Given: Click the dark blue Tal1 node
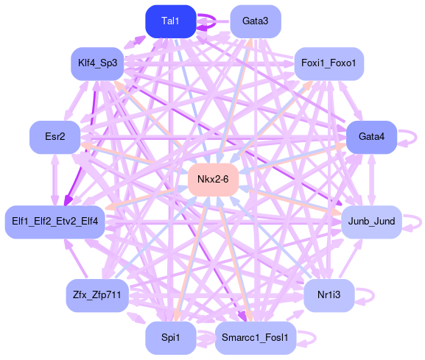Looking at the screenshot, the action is pyautogui.click(x=171, y=21).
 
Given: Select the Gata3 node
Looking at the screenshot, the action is pyautogui.click(x=256, y=21).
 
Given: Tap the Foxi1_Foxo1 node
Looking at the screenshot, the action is pyautogui.click(x=329, y=63).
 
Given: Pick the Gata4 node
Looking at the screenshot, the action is pyautogui.click(x=372, y=137).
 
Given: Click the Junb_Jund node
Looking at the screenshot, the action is pyautogui.click(x=372, y=222).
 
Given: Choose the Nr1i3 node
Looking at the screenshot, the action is pyautogui.click(x=329, y=295).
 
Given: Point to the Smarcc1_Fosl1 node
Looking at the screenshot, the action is pyautogui.click(x=256, y=338).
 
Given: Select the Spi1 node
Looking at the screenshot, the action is pyautogui.click(x=171, y=338).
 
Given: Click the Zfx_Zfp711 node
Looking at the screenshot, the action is pyautogui.click(x=97, y=295).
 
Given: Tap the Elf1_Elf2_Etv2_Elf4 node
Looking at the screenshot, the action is pyautogui.click(x=55, y=222).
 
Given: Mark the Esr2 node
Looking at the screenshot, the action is pyautogui.click(x=55, y=137).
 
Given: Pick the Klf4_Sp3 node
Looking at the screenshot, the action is pyautogui.click(x=97, y=63).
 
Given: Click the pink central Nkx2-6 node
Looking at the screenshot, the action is pyautogui.click(x=214, y=180).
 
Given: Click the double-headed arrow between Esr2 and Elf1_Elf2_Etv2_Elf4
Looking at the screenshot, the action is pyautogui.click(x=55, y=180).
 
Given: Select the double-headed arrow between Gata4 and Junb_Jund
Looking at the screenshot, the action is pyautogui.click(x=372, y=180).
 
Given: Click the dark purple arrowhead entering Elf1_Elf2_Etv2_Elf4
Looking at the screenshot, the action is pyautogui.click(x=68, y=201).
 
